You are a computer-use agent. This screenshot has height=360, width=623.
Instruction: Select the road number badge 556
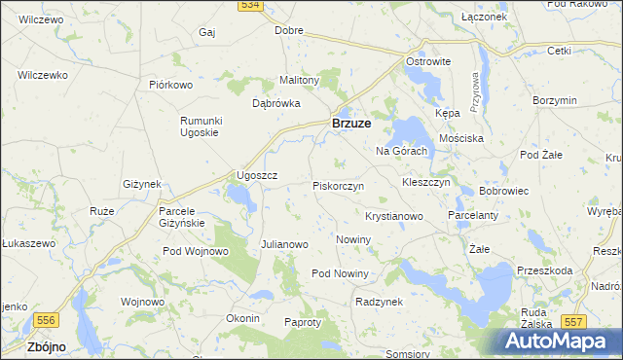[45, 319]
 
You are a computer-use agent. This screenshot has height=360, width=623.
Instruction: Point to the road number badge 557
[574, 321]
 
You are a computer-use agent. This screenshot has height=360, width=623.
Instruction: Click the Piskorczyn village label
[338, 185]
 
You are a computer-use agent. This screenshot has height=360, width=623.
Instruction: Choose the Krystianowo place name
[393, 216]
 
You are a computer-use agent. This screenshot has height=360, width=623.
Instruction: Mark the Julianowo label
[284, 244]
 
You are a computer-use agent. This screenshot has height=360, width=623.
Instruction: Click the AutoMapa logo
[561, 341]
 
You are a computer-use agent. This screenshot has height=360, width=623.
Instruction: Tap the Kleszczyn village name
[425, 182]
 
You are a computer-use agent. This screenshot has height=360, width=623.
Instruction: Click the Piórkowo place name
[172, 85]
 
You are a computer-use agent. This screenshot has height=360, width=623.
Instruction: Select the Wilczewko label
[42, 75]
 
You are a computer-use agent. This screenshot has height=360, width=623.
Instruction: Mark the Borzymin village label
[556, 100]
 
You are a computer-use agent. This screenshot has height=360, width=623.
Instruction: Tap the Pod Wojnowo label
[196, 251]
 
